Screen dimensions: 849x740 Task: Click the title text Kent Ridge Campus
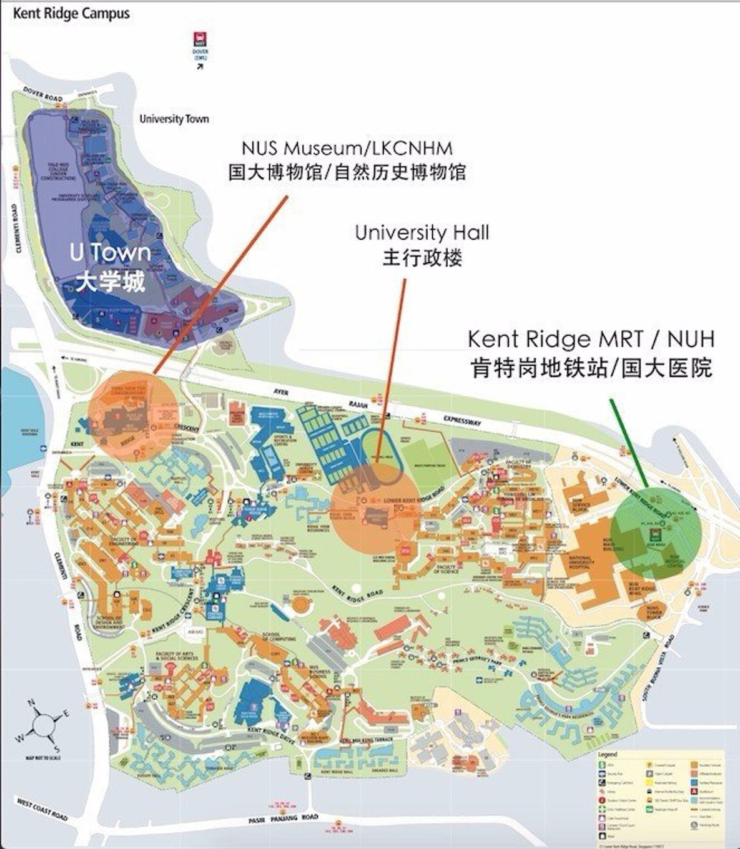coord(71,14)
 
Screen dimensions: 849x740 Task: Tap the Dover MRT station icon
coord(200,38)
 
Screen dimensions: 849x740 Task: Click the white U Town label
coord(110,253)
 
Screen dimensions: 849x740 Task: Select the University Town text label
coord(174,119)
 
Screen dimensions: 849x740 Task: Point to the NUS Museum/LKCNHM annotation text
coord(347,149)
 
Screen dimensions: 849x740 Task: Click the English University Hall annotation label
coord(422,233)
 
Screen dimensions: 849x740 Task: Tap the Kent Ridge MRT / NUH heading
coord(591,340)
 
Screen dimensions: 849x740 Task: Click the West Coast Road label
coord(42,809)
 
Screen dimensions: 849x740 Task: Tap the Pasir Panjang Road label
coord(283,819)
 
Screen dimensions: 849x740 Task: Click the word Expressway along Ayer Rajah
coord(463,421)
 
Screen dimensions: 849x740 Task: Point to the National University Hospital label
coord(580,562)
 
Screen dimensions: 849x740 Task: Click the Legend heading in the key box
coord(608,754)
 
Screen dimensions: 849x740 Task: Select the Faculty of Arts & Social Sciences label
coord(177,656)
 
